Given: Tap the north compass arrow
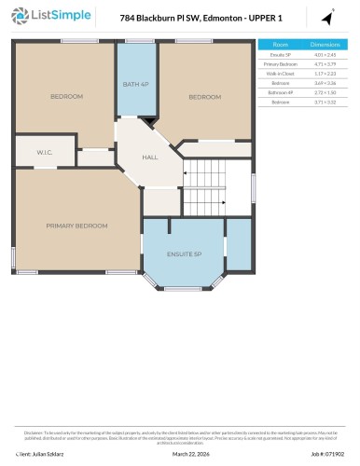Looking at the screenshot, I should pos(327,17).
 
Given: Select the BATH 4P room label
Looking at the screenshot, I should pos(135,85).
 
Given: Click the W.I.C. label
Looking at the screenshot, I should pos(44,152).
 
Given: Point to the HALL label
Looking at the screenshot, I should pos(149,158).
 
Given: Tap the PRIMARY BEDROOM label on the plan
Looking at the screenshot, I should pos(76,226).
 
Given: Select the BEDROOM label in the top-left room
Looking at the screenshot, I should pos(66,97).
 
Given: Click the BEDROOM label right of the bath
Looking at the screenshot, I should pos(205,97).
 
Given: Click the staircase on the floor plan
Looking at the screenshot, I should pos(217,187).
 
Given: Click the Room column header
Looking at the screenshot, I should pos(280,45).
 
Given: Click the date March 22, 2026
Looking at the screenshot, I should pos(192,454).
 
